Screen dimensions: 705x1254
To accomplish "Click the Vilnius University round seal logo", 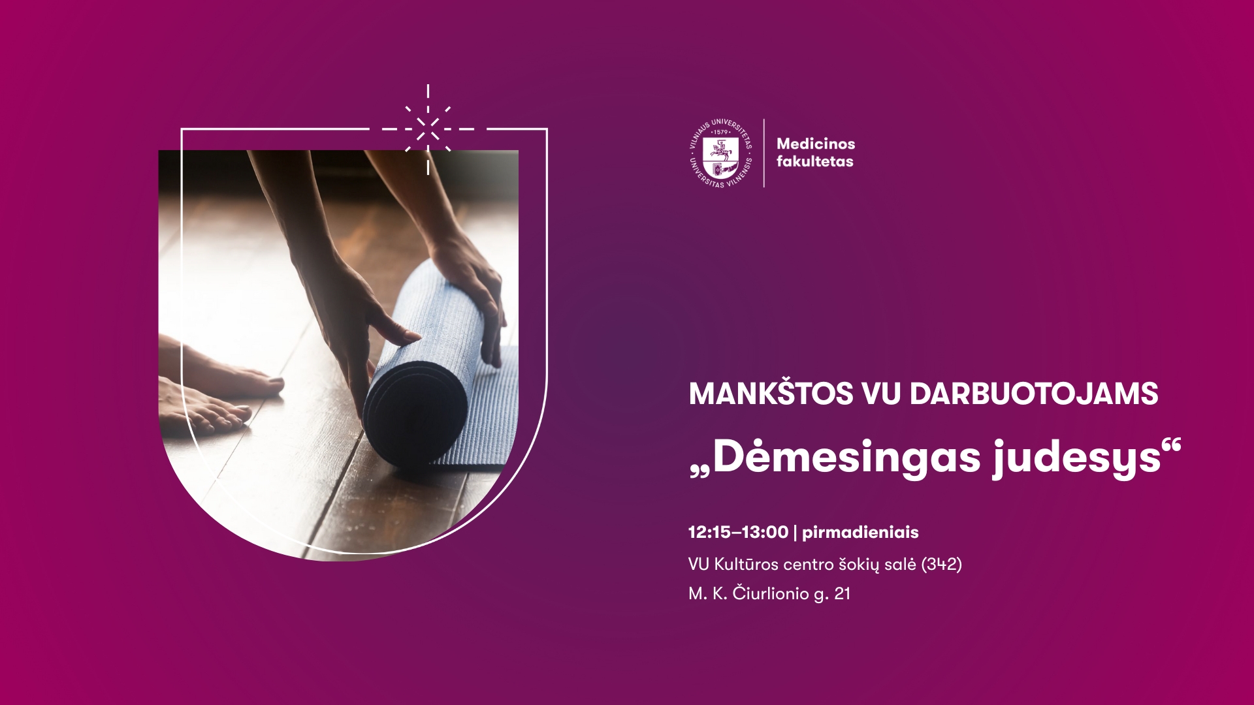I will pyautogui.click(x=721, y=153).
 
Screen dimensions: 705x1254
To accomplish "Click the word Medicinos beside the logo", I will pyautogui.click(x=816, y=144).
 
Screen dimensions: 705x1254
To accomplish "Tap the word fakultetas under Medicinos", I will pyautogui.click(x=814, y=162).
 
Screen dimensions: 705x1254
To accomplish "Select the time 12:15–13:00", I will pyautogui.click(x=738, y=532).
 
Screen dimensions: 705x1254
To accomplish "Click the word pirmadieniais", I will pyautogui.click(x=860, y=533).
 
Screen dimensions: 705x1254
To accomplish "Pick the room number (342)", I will pyautogui.click(x=941, y=564).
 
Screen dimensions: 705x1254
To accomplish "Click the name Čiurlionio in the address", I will pyautogui.click(x=770, y=594).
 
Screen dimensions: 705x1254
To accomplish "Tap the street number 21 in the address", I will pyautogui.click(x=842, y=594).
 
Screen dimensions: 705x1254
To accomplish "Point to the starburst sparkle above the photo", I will pyautogui.click(x=428, y=129).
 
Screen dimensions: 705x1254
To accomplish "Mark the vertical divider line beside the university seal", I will pyautogui.click(x=764, y=153).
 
